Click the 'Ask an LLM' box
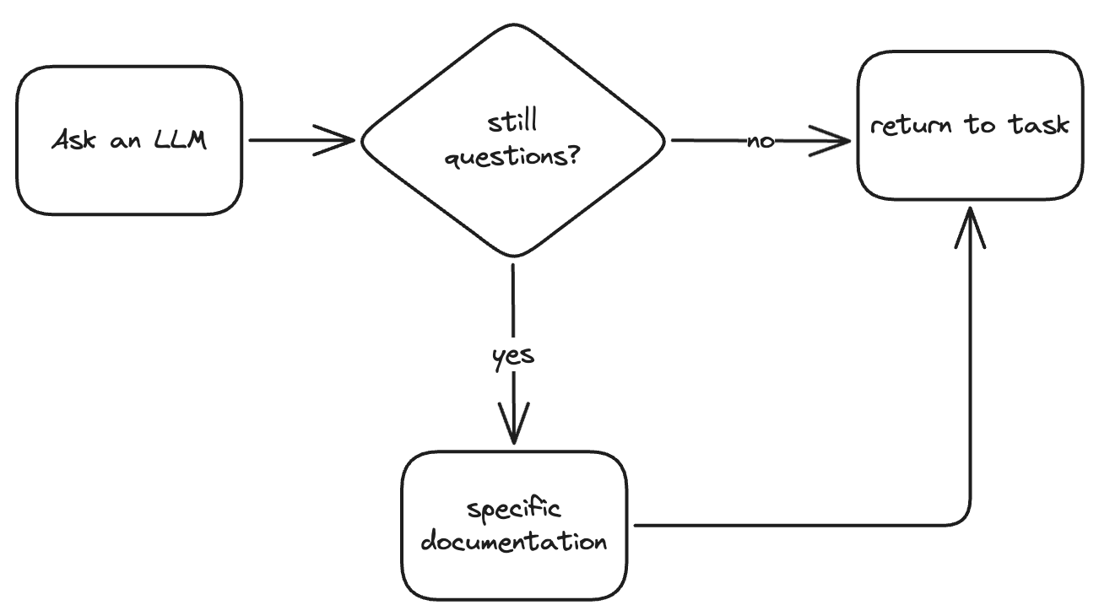click(129, 140)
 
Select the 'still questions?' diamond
click(513, 141)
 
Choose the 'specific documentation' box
click(513, 525)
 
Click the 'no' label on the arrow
click(761, 142)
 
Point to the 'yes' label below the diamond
click(513, 356)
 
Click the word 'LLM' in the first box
click(178, 140)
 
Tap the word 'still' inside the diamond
click(513, 123)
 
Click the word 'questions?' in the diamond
click(513, 158)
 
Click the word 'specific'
click(513, 511)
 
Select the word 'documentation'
click(513, 541)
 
